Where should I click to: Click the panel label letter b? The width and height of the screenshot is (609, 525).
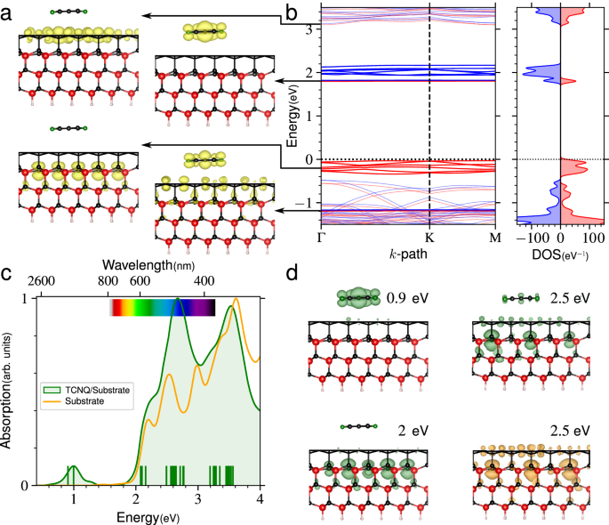290,12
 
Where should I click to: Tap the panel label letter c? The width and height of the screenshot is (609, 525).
7,274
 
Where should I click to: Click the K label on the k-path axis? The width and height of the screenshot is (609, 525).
429,238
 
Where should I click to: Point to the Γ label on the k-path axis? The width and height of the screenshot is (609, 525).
321,238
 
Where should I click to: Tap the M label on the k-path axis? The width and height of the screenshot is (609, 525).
495,238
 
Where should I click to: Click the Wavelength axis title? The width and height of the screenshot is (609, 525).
148,265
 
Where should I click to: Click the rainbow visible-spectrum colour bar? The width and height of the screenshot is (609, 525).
162,308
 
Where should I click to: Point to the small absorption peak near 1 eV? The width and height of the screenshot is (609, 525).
74,468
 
